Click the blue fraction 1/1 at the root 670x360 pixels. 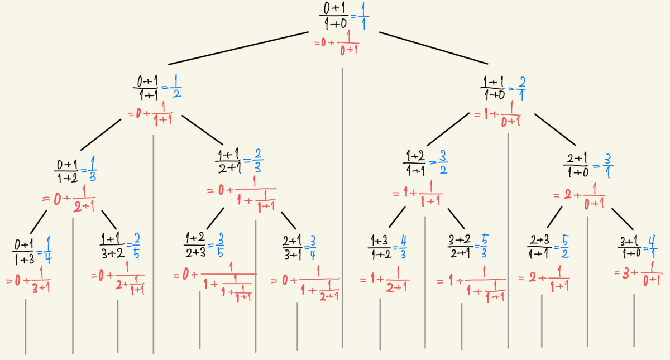coord(363,16)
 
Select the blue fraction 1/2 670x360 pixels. coord(175,88)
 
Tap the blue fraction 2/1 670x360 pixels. coord(521,88)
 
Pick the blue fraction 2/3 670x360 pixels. coord(258,161)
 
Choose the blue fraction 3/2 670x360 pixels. coord(442,161)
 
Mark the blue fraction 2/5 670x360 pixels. coord(136,246)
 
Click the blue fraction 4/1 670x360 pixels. coord(649,246)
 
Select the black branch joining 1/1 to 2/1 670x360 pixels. coord(433,47)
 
